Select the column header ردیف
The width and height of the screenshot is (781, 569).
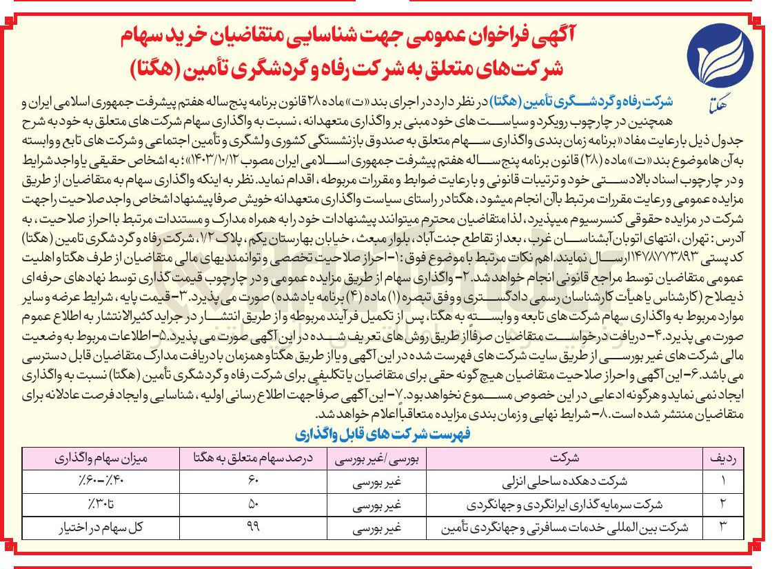pos(723,457)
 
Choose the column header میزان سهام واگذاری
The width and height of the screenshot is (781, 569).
pos(100,457)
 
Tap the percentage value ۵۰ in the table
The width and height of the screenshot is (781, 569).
pos(253,504)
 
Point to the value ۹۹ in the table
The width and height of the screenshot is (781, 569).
pos(253,528)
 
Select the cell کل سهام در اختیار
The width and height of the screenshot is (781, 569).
pos(101,528)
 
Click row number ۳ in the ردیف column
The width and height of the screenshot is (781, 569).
pos(723,528)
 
